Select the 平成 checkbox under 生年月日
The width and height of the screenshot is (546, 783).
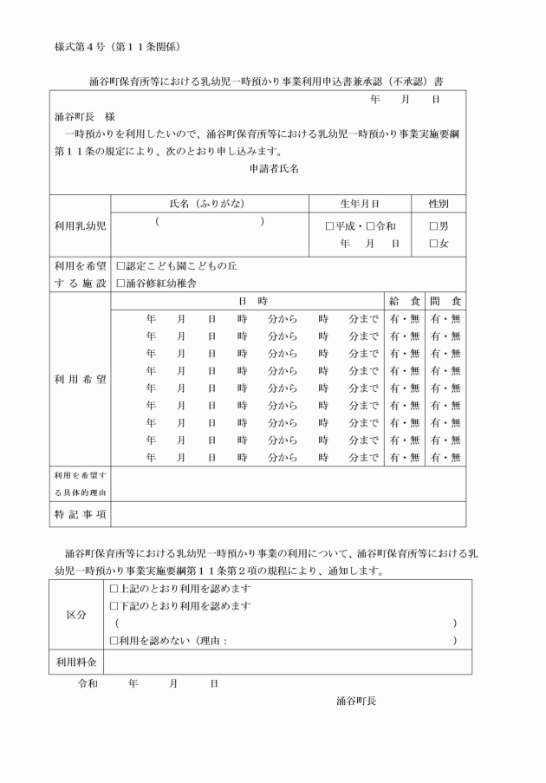(330, 226)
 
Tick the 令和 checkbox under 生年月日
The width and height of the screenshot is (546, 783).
(370, 226)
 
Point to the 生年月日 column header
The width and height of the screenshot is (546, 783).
(360, 204)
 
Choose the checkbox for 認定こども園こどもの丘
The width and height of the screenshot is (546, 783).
(120, 266)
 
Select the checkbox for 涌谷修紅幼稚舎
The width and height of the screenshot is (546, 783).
(120, 283)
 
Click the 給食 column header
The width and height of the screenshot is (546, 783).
(404, 301)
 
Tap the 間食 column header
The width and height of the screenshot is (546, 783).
(445, 301)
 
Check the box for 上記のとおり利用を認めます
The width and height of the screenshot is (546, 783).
(114, 589)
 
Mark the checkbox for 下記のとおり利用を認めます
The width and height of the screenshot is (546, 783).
(114, 605)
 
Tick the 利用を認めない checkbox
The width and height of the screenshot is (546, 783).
(114, 640)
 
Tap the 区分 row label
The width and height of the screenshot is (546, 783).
(78, 614)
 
